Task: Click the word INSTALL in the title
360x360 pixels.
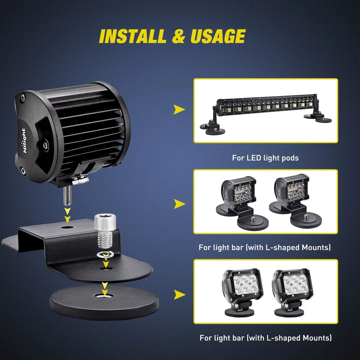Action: (132, 36)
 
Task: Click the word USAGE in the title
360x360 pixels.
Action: (218, 36)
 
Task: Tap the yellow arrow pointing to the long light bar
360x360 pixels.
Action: (179, 110)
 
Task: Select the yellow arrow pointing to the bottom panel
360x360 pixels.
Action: (179, 295)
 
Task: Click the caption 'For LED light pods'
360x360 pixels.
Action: (265, 158)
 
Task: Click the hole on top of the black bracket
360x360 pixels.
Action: (67, 228)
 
